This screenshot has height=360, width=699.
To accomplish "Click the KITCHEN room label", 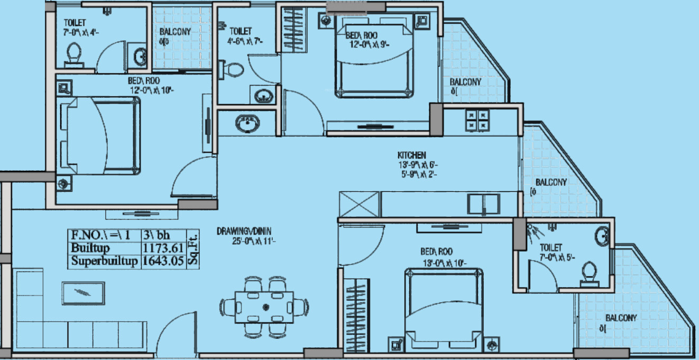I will click(x=412, y=155).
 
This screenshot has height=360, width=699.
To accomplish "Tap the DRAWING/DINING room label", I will click(x=244, y=231).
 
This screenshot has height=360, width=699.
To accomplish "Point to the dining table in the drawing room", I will click(x=264, y=307).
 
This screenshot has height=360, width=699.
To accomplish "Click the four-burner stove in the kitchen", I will click(x=477, y=120).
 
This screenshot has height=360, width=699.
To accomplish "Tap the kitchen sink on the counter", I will click(x=483, y=203).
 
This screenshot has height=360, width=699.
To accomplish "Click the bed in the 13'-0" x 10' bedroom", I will click(x=444, y=307).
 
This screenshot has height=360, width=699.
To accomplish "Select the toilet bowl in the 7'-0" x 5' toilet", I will click(x=588, y=274).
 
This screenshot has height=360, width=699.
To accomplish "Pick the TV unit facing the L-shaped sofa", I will click(x=83, y=292).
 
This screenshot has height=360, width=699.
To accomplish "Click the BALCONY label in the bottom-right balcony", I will click(x=621, y=318).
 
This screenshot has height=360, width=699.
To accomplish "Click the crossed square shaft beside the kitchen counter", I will click(x=359, y=204).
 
